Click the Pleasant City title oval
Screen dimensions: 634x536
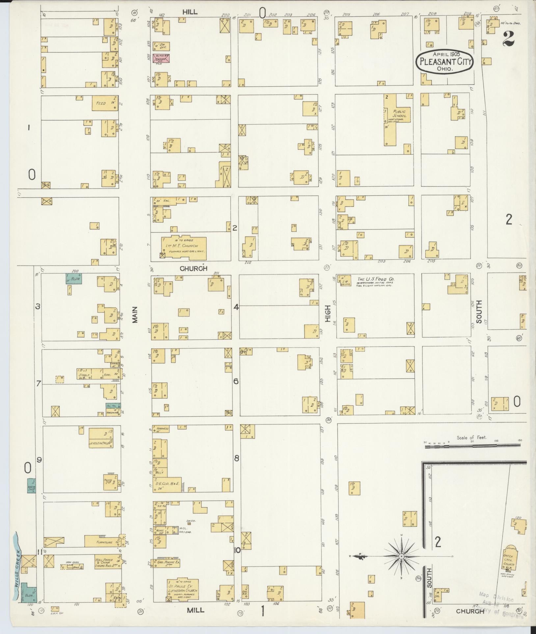point(445,61)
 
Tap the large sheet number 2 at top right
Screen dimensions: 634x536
point(508,39)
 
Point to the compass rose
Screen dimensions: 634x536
point(401,556)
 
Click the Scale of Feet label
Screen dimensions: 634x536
point(471,438)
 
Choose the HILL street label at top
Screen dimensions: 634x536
point(190,12)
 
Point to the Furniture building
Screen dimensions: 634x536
point(103,542)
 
